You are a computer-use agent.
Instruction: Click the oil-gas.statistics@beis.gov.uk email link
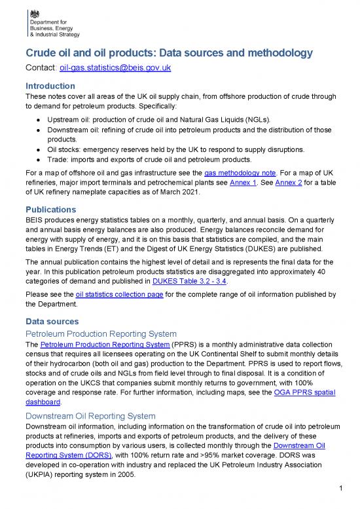[116, 67]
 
